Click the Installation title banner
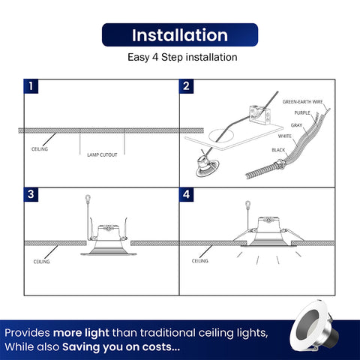[180, 34]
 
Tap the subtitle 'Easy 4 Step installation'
[182, 57]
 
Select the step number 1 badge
[31, 86]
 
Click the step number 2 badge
[186, 86]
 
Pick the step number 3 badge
[31, 194]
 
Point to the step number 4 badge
[186, 194]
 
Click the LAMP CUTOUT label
[102, 155]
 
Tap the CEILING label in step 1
[40, 149]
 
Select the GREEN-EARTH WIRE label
[303, 102]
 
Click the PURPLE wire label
[302, 113]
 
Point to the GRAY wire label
[296, 125]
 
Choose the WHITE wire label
[285, 136]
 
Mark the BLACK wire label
[278, 150]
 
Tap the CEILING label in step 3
[41, 262]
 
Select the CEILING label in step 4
[200, 261]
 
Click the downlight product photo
[314, 327]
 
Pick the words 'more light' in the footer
[81, 333]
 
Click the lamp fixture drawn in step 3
[108, 238]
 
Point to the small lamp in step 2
[207, 165]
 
